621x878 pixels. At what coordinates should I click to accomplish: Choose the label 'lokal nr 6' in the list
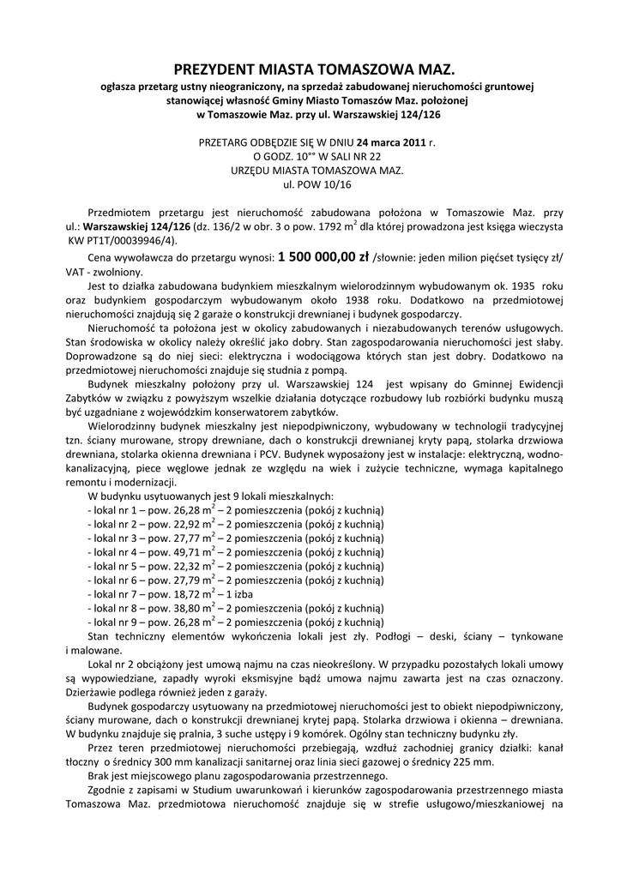point(117,580)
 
